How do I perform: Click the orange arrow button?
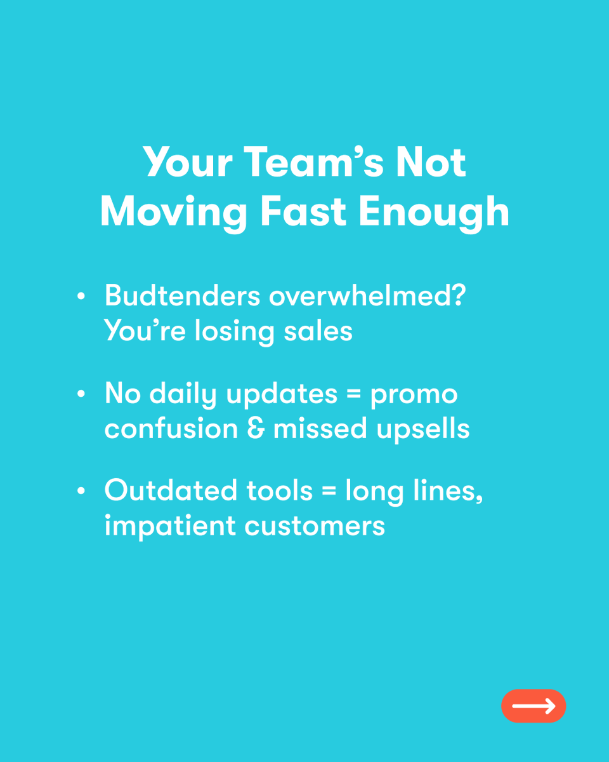(x=533, y=705)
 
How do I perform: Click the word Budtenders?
(x=182, y=296)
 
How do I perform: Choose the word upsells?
(x=422, y=430)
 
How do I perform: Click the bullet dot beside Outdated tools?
(x=81, y=491)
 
